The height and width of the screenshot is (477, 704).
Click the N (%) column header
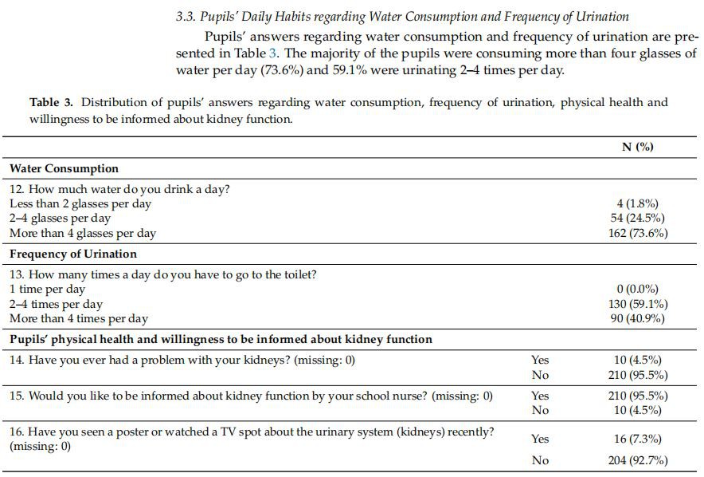tap(637, 147)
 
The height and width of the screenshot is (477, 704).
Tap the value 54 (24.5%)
tap(638, 218)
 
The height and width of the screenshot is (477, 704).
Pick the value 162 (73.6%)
tap(637, 233)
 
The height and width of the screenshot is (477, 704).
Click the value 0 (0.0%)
tap(638, 289)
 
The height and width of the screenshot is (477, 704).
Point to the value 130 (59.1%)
tap(637, 304)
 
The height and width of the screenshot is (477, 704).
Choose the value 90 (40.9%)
tap(638, 318)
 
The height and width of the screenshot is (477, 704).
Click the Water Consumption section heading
tap(64, 168)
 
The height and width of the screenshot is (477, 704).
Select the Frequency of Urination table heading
tap(73, 254)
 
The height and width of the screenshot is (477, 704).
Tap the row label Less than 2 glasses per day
tap(80, 203)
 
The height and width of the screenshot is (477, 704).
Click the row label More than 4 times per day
tap(79, 318)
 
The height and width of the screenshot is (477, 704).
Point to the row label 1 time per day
tap(47, 289)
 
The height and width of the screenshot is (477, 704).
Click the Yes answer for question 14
tap(540, 360)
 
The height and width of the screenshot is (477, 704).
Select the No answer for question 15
tap(540, 410)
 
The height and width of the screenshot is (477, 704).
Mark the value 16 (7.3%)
tap(638, 439)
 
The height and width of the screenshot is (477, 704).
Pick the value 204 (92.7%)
tap(637, 460)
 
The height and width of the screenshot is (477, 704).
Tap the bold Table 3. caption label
tap(55, 102)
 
